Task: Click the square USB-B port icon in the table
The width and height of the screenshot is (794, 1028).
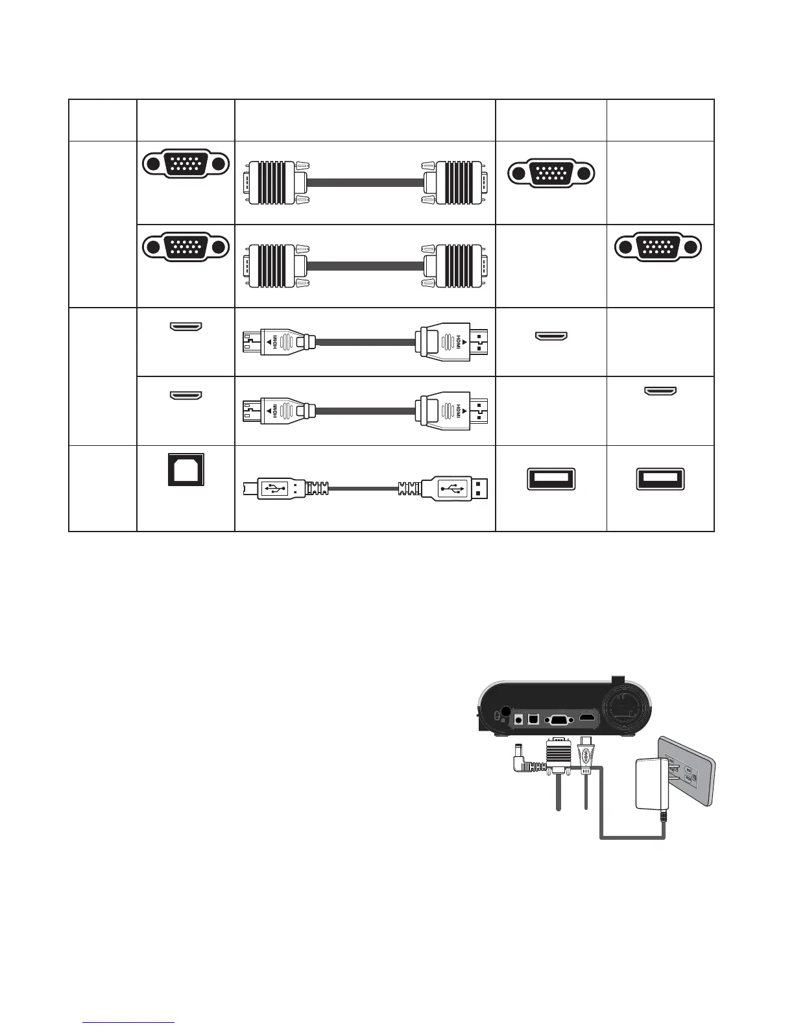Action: [186, 469]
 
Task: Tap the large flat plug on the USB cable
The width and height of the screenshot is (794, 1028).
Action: [454, 488]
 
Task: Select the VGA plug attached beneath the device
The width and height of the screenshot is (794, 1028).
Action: [558, 756]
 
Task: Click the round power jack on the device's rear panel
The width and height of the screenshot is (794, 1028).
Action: [518, 718]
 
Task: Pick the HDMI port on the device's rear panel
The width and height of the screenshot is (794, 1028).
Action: [588, 719]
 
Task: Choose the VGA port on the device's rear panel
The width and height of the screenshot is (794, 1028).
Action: [558, 719]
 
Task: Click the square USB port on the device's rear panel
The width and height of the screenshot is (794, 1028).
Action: [534, 718]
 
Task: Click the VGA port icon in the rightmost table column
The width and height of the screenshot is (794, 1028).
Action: [658, 247]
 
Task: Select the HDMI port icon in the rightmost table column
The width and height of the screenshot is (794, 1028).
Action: [660, 391]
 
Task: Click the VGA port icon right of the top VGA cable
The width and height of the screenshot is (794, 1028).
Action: [551, 173]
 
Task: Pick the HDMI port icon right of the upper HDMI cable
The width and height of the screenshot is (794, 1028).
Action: [551, 336]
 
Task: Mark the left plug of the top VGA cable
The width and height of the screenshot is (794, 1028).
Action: [272, 182]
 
